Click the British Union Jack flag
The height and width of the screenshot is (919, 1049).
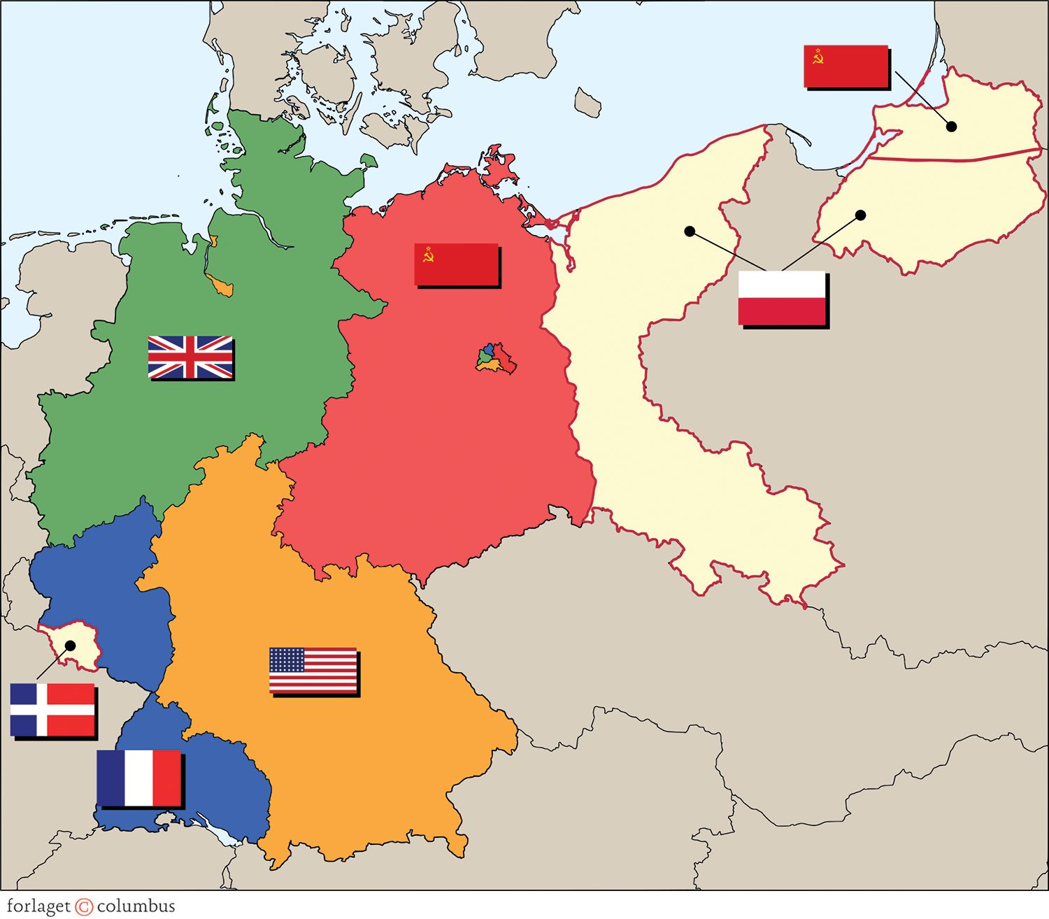[x=190, y=357]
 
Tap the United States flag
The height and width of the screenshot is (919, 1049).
[x=313, y=670]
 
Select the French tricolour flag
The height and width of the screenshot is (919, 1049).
[x=138, y=778]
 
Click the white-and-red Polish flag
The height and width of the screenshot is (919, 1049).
[x=782, y=298]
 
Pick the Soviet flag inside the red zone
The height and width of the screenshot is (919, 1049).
[x=456, y=264]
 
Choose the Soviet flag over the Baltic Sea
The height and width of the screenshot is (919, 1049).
[x=845, y=66]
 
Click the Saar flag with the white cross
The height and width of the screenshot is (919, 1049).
[x=52, y=710]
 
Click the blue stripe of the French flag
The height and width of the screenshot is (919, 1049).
[x=110, y=778]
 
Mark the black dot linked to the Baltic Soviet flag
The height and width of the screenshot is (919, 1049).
[x=951, y=127]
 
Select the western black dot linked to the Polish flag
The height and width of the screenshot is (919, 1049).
[x=690, y=231]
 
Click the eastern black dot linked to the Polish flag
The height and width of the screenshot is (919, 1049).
[x=861, y=215]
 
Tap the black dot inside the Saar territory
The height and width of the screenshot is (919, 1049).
[x=70, y=645]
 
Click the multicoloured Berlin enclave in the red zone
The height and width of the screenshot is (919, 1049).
[x=497, y=358]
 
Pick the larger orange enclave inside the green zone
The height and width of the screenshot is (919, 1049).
[x=222, y=286]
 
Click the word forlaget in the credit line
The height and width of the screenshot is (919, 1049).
[x=38, y=906]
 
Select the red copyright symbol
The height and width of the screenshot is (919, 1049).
[x=84, y=907]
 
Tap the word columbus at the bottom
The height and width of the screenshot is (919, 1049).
[x=136, y=906]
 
